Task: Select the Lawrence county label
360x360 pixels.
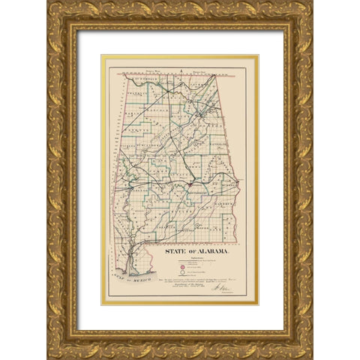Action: (154, 95)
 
